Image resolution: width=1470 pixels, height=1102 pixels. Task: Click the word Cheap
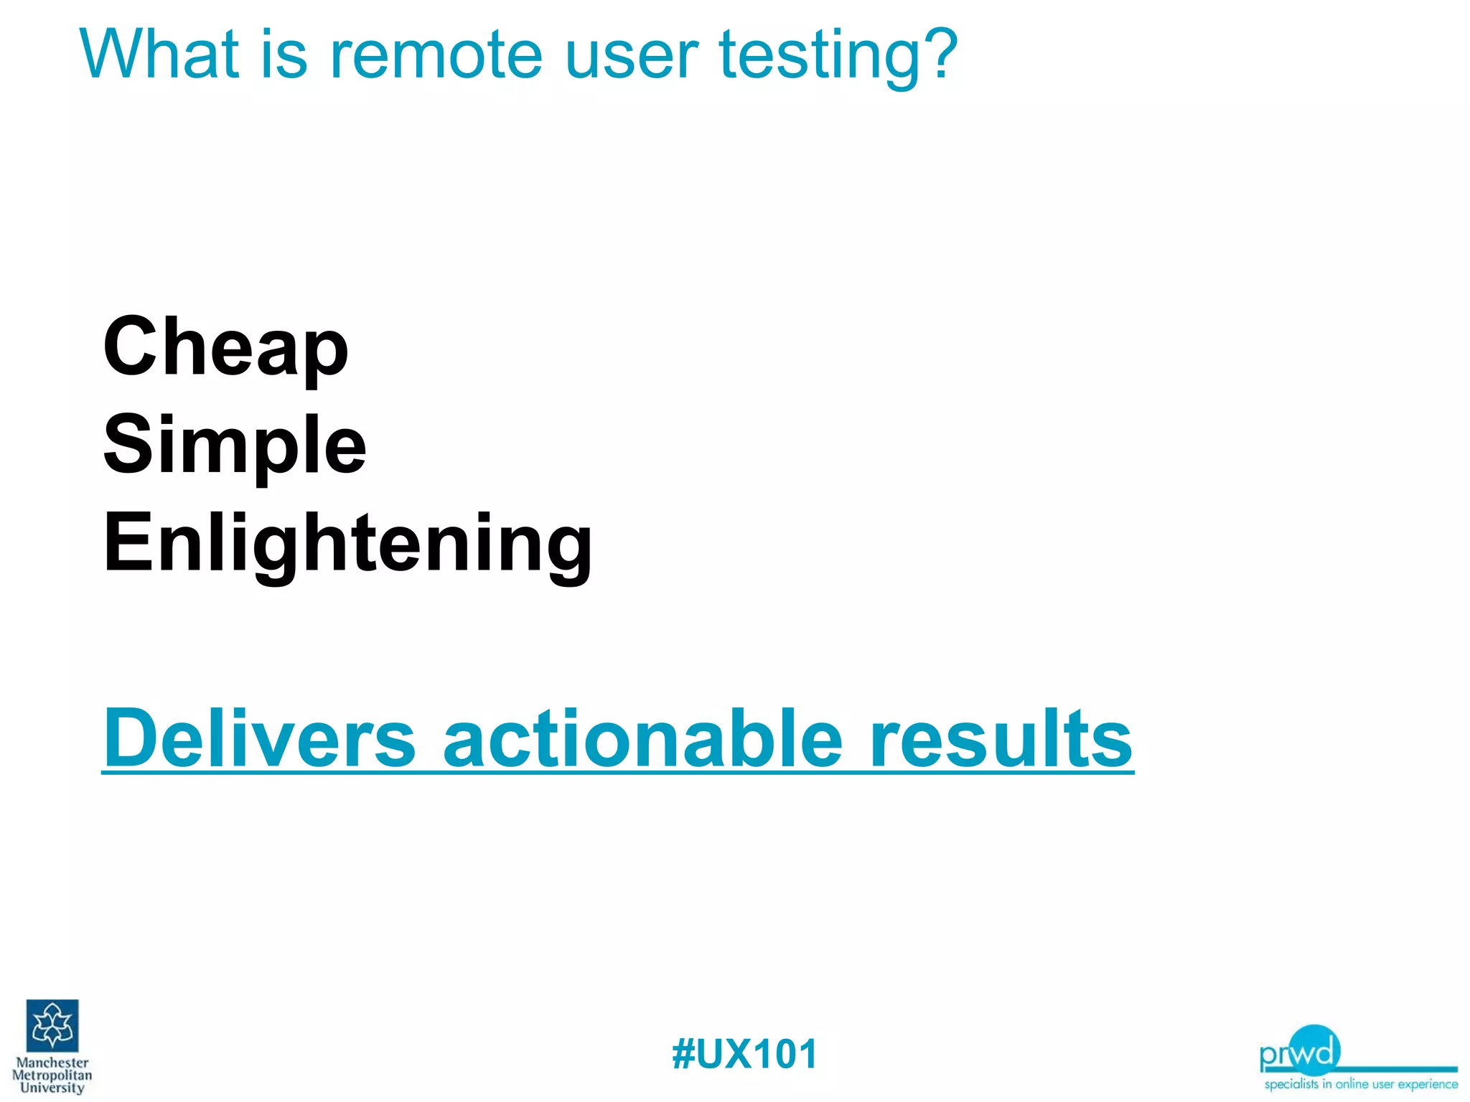pos(225,348)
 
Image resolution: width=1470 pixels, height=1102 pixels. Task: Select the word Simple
pos(235,446)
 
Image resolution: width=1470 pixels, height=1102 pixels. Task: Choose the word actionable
pos(642,739)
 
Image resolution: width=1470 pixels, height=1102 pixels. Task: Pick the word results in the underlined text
pos(1001,739)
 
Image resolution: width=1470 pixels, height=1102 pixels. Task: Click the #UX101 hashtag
pos(744,1054)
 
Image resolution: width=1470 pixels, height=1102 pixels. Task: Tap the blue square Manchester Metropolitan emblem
pos(52,1025)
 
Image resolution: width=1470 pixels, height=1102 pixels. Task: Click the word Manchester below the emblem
pos(52,1063)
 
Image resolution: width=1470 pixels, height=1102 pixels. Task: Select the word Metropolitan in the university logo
pos(52,1075)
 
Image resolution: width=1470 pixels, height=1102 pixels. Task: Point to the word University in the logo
pos(52,1087)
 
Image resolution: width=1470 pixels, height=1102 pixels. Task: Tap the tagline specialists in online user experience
pos(1360,1084)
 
